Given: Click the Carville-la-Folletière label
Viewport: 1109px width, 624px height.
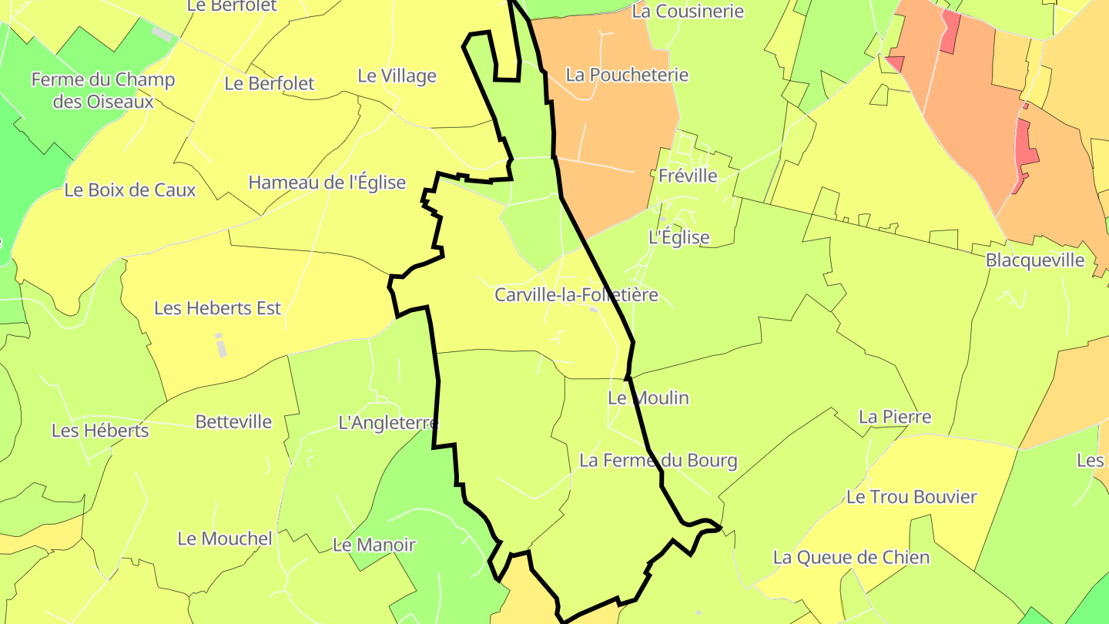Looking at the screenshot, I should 576,295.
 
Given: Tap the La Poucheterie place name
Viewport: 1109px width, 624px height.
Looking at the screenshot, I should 627,75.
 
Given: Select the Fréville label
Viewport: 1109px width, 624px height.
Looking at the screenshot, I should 688,176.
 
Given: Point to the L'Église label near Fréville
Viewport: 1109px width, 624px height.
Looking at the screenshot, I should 678,237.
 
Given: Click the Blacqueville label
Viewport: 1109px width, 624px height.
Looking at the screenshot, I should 1035,260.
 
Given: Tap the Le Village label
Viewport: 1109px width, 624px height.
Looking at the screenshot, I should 397,76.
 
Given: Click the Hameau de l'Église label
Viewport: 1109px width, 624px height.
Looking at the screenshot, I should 327,183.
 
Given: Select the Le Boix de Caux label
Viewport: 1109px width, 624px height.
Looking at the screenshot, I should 130,190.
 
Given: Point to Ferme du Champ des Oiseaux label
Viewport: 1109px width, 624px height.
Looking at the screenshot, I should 103,90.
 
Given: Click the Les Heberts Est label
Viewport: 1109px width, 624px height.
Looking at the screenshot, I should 218,308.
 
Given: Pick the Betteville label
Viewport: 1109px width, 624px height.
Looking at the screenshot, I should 233,422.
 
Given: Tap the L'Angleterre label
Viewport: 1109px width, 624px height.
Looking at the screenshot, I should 388,423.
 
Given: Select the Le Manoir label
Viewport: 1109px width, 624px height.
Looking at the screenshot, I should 374,545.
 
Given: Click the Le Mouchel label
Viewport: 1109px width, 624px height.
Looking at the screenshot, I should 225,538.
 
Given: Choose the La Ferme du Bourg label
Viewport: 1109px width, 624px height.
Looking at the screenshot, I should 658,461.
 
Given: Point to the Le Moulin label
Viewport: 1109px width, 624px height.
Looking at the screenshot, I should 648,398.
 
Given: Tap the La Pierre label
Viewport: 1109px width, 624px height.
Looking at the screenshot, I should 895,418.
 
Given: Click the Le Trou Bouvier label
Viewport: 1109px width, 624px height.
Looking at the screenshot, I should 911,498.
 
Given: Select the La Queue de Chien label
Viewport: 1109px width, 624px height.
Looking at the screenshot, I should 851,558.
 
